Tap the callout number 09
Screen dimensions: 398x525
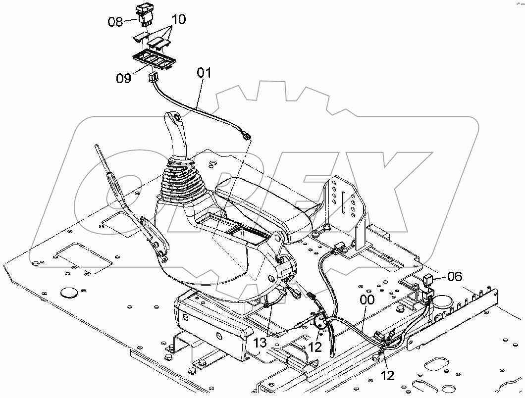(x=124, y=78)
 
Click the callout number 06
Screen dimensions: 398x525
(x=454, y=277)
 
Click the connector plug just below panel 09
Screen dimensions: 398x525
(x=153, y=76)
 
